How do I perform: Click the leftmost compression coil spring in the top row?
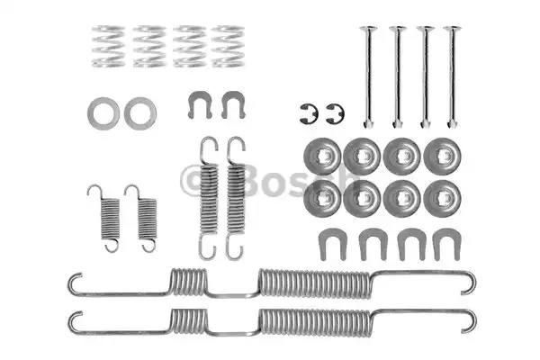point(108,46)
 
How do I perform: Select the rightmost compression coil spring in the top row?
point(228,46)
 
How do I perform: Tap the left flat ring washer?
point(103,113)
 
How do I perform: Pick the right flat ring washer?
point(140,113)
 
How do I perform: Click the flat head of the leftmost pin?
point(368,28)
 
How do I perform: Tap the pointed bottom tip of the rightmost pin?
point(452,127)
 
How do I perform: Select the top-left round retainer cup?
point(322,157)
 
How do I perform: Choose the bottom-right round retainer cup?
point(442,199)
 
